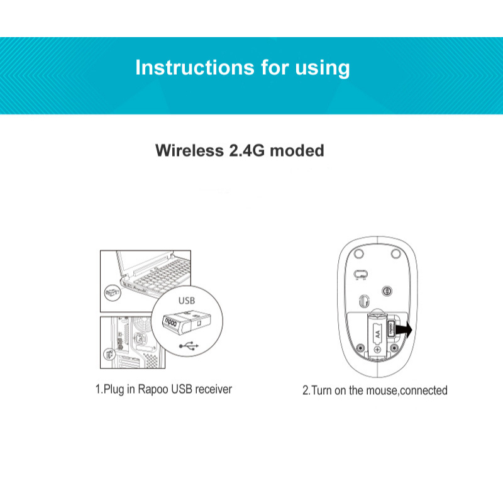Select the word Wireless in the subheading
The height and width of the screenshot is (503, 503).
click(188, 151)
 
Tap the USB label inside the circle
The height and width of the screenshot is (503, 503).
click(187, 301)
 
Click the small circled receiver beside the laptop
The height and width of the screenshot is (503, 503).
click(111, 294)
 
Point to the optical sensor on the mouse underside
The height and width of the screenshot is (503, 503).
click(388, 290)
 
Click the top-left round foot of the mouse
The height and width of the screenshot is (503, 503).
click(358, 253)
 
